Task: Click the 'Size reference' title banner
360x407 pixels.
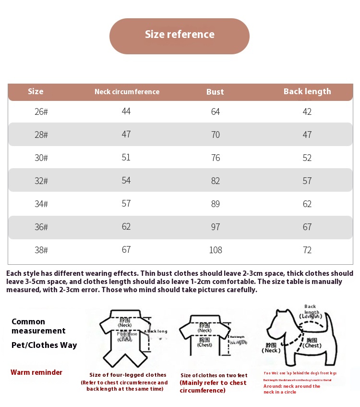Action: [x=180, y=35]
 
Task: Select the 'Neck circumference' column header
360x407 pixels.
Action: [x=127, y=92]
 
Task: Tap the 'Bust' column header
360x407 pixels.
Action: [x=215, y=92]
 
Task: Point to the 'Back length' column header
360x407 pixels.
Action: [x=307, y=91]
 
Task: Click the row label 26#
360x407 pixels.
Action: [x=41, y=112]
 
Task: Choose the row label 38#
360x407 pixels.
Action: [x=41, y=250]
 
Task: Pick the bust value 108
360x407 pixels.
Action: [x=216, y=250]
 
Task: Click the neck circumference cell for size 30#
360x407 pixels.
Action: [x=126, y=157]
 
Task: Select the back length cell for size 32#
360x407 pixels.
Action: [x=307, y=181]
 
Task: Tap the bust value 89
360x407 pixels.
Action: [x=216, y=204]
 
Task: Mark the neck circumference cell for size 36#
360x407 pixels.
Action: [x=126, y=226]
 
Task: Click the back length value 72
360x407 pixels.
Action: [x=307, y=250]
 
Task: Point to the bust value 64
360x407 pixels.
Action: [x=216, y=111]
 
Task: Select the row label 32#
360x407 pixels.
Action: [x=41, y=181]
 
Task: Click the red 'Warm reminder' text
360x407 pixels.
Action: [x=36, y=372]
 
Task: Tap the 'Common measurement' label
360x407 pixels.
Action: [x=38, y=326]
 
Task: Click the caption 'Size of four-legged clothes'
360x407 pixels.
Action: [x=128, y=375]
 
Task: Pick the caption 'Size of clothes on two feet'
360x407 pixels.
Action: [x=214, y=375]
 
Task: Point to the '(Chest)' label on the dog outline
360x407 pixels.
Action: [x=312, y=345]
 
